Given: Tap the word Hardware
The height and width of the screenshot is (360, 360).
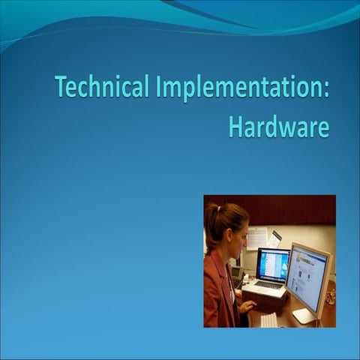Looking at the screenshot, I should click(278, 126).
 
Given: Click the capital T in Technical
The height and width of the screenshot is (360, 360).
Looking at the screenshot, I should click(61, 88).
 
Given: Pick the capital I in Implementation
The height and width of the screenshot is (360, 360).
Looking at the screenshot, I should click(159, 88).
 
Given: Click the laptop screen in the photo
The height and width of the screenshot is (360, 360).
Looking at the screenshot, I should click(272, 265).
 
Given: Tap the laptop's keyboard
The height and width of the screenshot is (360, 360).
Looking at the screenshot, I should click(268, 285).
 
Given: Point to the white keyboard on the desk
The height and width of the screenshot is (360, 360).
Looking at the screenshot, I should click(268, 319).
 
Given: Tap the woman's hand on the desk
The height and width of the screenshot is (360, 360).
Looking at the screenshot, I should click(247, 307).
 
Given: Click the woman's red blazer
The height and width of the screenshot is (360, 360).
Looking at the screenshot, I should click(218, 292).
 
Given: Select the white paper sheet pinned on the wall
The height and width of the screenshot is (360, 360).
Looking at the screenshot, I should click(256, 238).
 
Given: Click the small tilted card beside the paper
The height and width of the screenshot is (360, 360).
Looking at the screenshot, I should click(275, 238).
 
